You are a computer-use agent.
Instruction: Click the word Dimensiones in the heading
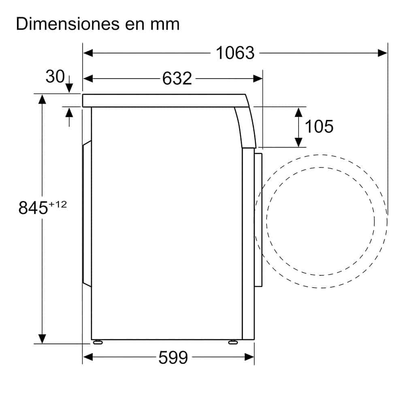pyautogui.click(x=68, y=24)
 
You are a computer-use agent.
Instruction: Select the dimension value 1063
pyautogui.click(x=235, y=53)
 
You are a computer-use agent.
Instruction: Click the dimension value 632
pyautogui.click(x=177, y=78)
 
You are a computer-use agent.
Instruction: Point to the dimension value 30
pyautogui.click(x=55, y=77)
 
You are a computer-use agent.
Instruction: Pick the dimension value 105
pyautogui.click(x=319, y=126)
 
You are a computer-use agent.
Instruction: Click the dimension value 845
pyautogui.click(x=33, y=208)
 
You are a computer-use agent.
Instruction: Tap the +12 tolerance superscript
pyautogui.click(x=58, y=205)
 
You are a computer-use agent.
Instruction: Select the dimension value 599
pyautogui.click(x=173, y=358)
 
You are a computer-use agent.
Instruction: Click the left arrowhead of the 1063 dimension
pyautogui.click(x=88, y=53)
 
